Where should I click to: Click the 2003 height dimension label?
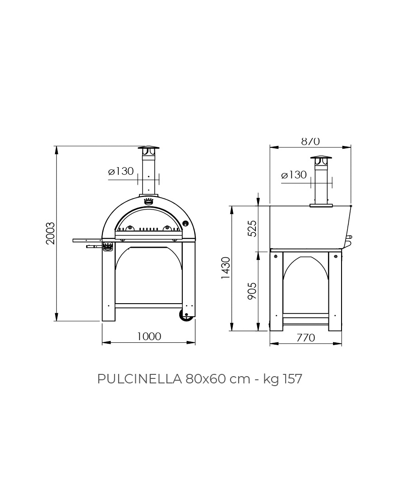(x=50, y=233)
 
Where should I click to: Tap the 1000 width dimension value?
(x=149, y=337)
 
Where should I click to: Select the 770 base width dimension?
(x=305, y=337)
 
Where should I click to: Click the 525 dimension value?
(x=252, y=228)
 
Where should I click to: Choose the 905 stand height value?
(x=252, y=291)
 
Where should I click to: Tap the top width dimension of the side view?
(x=310, y=141)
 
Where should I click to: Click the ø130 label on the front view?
(x=121, y=171)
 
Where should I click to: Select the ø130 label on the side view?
(x=294, y=175)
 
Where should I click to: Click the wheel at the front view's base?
(x=185, y=315)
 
